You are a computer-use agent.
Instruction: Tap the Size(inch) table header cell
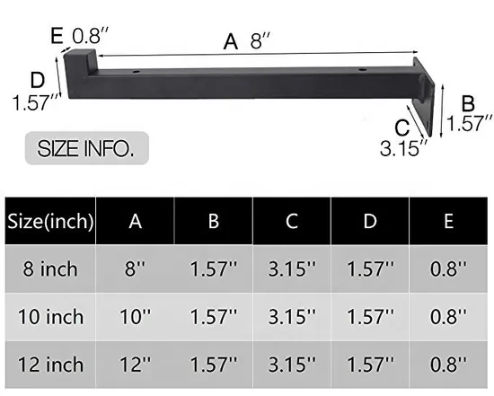[x=50, y=221]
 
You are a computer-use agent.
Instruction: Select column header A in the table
[x=135, y=221]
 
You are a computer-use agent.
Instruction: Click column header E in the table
[x=449, y=221]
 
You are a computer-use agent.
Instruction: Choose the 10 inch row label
[x=50, y=316]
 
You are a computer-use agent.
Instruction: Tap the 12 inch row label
[x=50, y=365]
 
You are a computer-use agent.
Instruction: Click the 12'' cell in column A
[x=135, y=365]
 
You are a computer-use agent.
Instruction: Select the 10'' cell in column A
[x=135, y=316]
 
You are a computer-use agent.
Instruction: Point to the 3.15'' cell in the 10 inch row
[x=292, y=316]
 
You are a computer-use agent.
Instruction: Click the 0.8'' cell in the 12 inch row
[x=449, y=365]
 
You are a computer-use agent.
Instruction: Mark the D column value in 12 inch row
[x=370, y=365]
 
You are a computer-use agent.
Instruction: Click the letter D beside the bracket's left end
[x=37, y=78]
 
